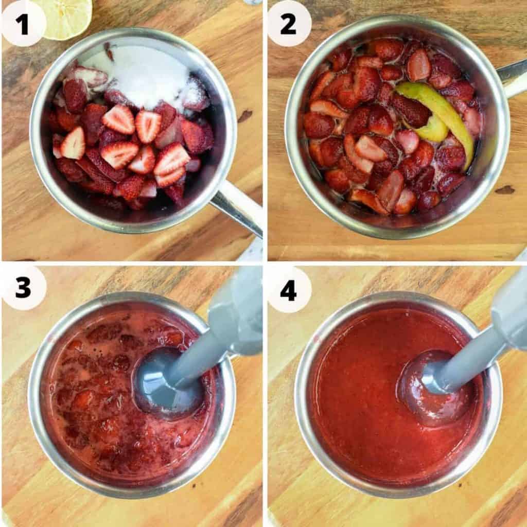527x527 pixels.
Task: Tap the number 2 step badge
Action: pyautogui.click(x=289, y=24)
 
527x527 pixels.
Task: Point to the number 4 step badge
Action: pyautogui.click(x=289, y=290)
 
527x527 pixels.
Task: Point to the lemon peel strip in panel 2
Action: pyautogui.click(x=437, y=113)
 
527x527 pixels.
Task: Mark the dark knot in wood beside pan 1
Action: pyautogui.click(x=245, y=116)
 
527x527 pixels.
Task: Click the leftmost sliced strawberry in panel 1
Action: pyautogui.click(x=73, y=144)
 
